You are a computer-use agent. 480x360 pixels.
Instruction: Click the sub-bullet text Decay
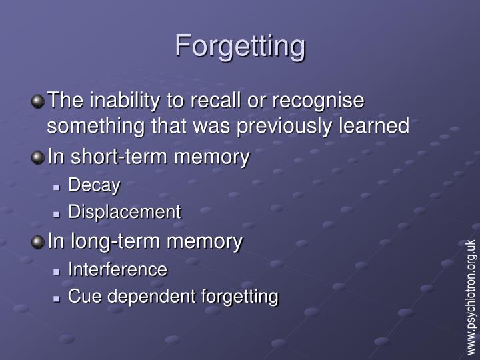(x=94, y=185)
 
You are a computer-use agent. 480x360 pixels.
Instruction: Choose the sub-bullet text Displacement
(x=125, y=212)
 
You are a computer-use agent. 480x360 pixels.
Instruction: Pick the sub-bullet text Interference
(x=118, y=269)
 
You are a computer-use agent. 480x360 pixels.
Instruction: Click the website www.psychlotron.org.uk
(x=471, y=296)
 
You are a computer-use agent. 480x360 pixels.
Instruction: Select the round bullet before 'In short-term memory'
(x=37, y=158)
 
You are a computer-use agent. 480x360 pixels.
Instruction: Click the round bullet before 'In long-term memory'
(x=37, y=241)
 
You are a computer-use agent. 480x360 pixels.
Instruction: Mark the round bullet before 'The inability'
(x=37, y=102)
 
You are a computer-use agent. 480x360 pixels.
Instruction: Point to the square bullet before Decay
(x=58, y=187)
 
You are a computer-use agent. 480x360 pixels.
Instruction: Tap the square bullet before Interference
(x=58, y=271)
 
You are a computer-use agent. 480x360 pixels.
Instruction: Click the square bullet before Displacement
(x=58, y=213)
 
